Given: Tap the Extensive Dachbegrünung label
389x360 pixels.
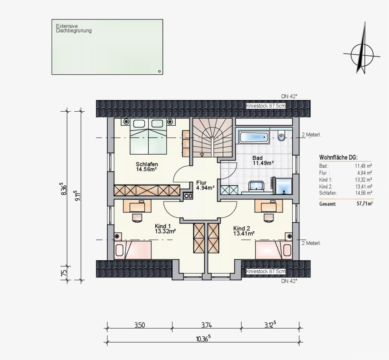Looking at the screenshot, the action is point(74,29).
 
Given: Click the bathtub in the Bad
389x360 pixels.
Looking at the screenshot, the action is point(253,137).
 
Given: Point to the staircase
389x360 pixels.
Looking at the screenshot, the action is point(213,137).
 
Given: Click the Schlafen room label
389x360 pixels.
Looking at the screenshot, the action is point(147,167).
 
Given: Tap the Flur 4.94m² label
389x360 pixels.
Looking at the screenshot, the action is point(205,185).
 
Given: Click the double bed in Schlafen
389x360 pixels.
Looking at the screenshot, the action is point(148,136).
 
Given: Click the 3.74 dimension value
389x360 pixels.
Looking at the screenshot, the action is point(207,325).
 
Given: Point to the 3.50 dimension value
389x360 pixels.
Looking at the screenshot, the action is point(139,325).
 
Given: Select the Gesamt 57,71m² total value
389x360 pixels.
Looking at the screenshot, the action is point(364,204).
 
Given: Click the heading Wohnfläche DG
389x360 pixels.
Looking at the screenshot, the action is point(338,157).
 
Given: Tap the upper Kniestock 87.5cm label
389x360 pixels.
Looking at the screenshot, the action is point(266,106).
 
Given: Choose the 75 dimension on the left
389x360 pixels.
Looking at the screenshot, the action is point(64,273).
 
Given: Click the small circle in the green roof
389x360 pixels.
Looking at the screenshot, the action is point(159,71).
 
